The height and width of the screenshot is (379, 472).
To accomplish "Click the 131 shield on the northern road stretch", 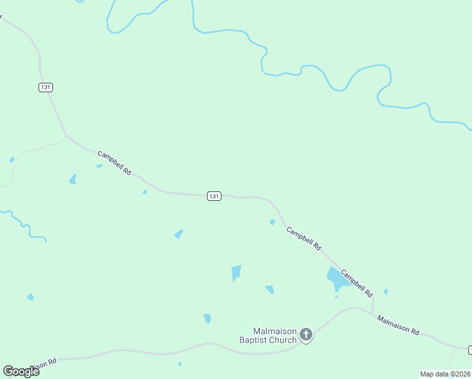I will [45, 87].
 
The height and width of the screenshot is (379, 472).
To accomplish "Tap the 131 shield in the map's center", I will [214, 196].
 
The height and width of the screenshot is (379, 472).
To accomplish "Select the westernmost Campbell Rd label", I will [114, 162].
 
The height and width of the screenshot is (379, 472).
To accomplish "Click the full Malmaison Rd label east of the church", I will [398, 325].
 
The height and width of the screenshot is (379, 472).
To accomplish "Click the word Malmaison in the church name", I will [274, 331].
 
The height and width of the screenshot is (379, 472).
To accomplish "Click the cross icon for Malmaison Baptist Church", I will [306, 334].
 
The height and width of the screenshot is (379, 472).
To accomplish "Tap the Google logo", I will [21, 371].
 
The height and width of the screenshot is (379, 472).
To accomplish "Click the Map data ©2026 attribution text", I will [445, 374].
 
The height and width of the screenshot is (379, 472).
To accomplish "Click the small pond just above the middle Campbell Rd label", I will [273, 222].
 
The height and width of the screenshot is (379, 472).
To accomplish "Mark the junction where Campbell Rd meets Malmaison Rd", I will [372, 314].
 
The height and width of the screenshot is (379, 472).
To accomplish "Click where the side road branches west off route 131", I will [66, 135].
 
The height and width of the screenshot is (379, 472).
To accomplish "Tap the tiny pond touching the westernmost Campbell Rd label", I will [100, 166].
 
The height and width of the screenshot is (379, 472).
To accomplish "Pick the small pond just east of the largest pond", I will [386, 291].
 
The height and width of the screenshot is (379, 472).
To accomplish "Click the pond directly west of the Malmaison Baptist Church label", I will [207, 318].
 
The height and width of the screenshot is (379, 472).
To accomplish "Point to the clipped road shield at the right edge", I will [469, 349].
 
